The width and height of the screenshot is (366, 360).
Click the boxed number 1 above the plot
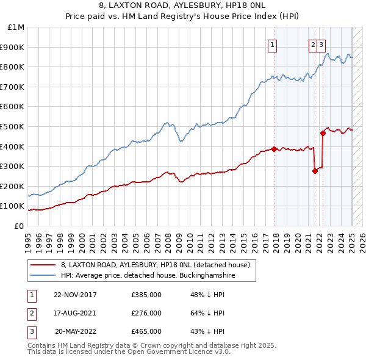pyautogui.click(x=271, y=44)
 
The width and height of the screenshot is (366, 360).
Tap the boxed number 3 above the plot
pyautogui.click(x=321, y=44)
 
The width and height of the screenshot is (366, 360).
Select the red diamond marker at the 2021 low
pyautogui.click(x=315, y=171)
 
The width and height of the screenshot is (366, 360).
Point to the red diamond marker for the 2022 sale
pyautogui.click(x=323, y=133)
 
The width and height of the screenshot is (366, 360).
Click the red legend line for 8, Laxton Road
pyautogui.click(x=43, y=265)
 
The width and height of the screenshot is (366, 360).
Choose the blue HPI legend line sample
pyautogui.click(x=43, y=276)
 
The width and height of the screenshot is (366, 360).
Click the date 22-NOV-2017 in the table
pyautogui.click(x=75, y=295)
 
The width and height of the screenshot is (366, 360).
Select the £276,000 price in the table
pyautogui.click(x=146, y=313)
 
